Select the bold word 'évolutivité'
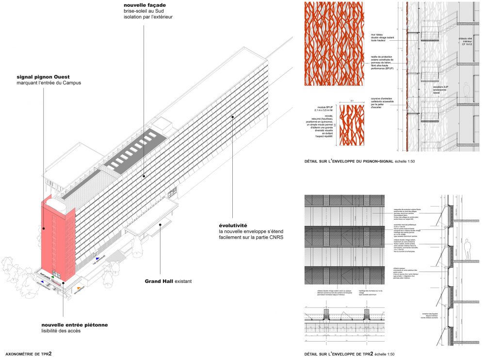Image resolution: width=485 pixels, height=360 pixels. pyautogui.click(x=233, y=226)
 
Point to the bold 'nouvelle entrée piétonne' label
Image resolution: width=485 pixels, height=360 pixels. pyautogui.click(x=73, y=325)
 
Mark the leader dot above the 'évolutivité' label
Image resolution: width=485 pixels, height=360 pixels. pyautogui.click(x=233, y=116)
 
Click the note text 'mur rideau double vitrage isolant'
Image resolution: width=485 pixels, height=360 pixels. pyautogui.click(x=381, y=37)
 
